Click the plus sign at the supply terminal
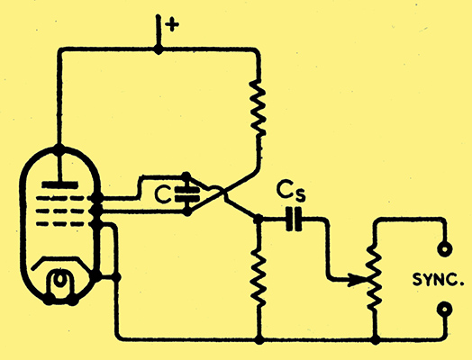(172, 24)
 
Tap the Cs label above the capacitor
(291, 191)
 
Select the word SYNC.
(438, 280)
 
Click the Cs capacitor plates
(294, 219)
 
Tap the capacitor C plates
(187, 194)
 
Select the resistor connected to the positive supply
(258, 108)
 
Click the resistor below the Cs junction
(259, 276)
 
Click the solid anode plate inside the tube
(60, 184)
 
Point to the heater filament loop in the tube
(60, 283)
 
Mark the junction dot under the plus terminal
(158, 49)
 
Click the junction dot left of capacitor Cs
(258, 219)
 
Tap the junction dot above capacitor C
(186, 175)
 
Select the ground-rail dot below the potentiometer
(375, 340)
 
